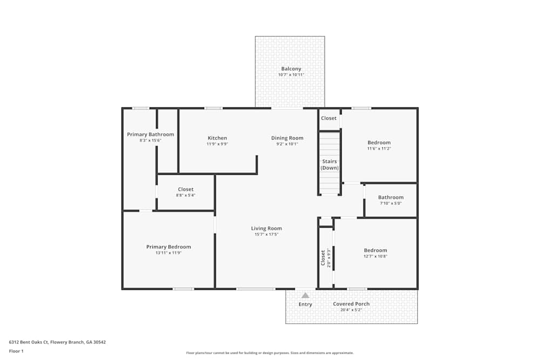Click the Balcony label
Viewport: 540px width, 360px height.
click(x=291, y=69)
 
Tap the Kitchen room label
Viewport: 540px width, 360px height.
click(x=217, y=138)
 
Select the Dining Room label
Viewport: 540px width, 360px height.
click(x=287, y=138)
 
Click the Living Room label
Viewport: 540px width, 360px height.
click(x=266, y=228)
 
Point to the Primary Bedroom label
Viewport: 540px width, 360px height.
click(x=168, y=247)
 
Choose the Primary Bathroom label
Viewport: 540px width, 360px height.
click(x=150, y=134)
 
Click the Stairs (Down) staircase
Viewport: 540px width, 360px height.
click(x=329, y=164)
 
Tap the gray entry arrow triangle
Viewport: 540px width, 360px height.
click(x=305, y=295)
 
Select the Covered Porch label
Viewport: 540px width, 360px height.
click(x=351, y=304)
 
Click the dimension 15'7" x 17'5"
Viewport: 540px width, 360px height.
click(x=266, y=234)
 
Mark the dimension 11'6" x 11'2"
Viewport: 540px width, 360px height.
click(x=379, y=148)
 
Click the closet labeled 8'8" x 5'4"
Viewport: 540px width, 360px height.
click(x=185, y=192)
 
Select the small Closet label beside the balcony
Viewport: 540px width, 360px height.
click(x=328, y=118)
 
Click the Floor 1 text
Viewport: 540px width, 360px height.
click(x=16, y=351)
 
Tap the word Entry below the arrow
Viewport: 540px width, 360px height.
click(x=305, y=304)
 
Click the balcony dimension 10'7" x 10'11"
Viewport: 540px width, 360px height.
click(x=291, y=74)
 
